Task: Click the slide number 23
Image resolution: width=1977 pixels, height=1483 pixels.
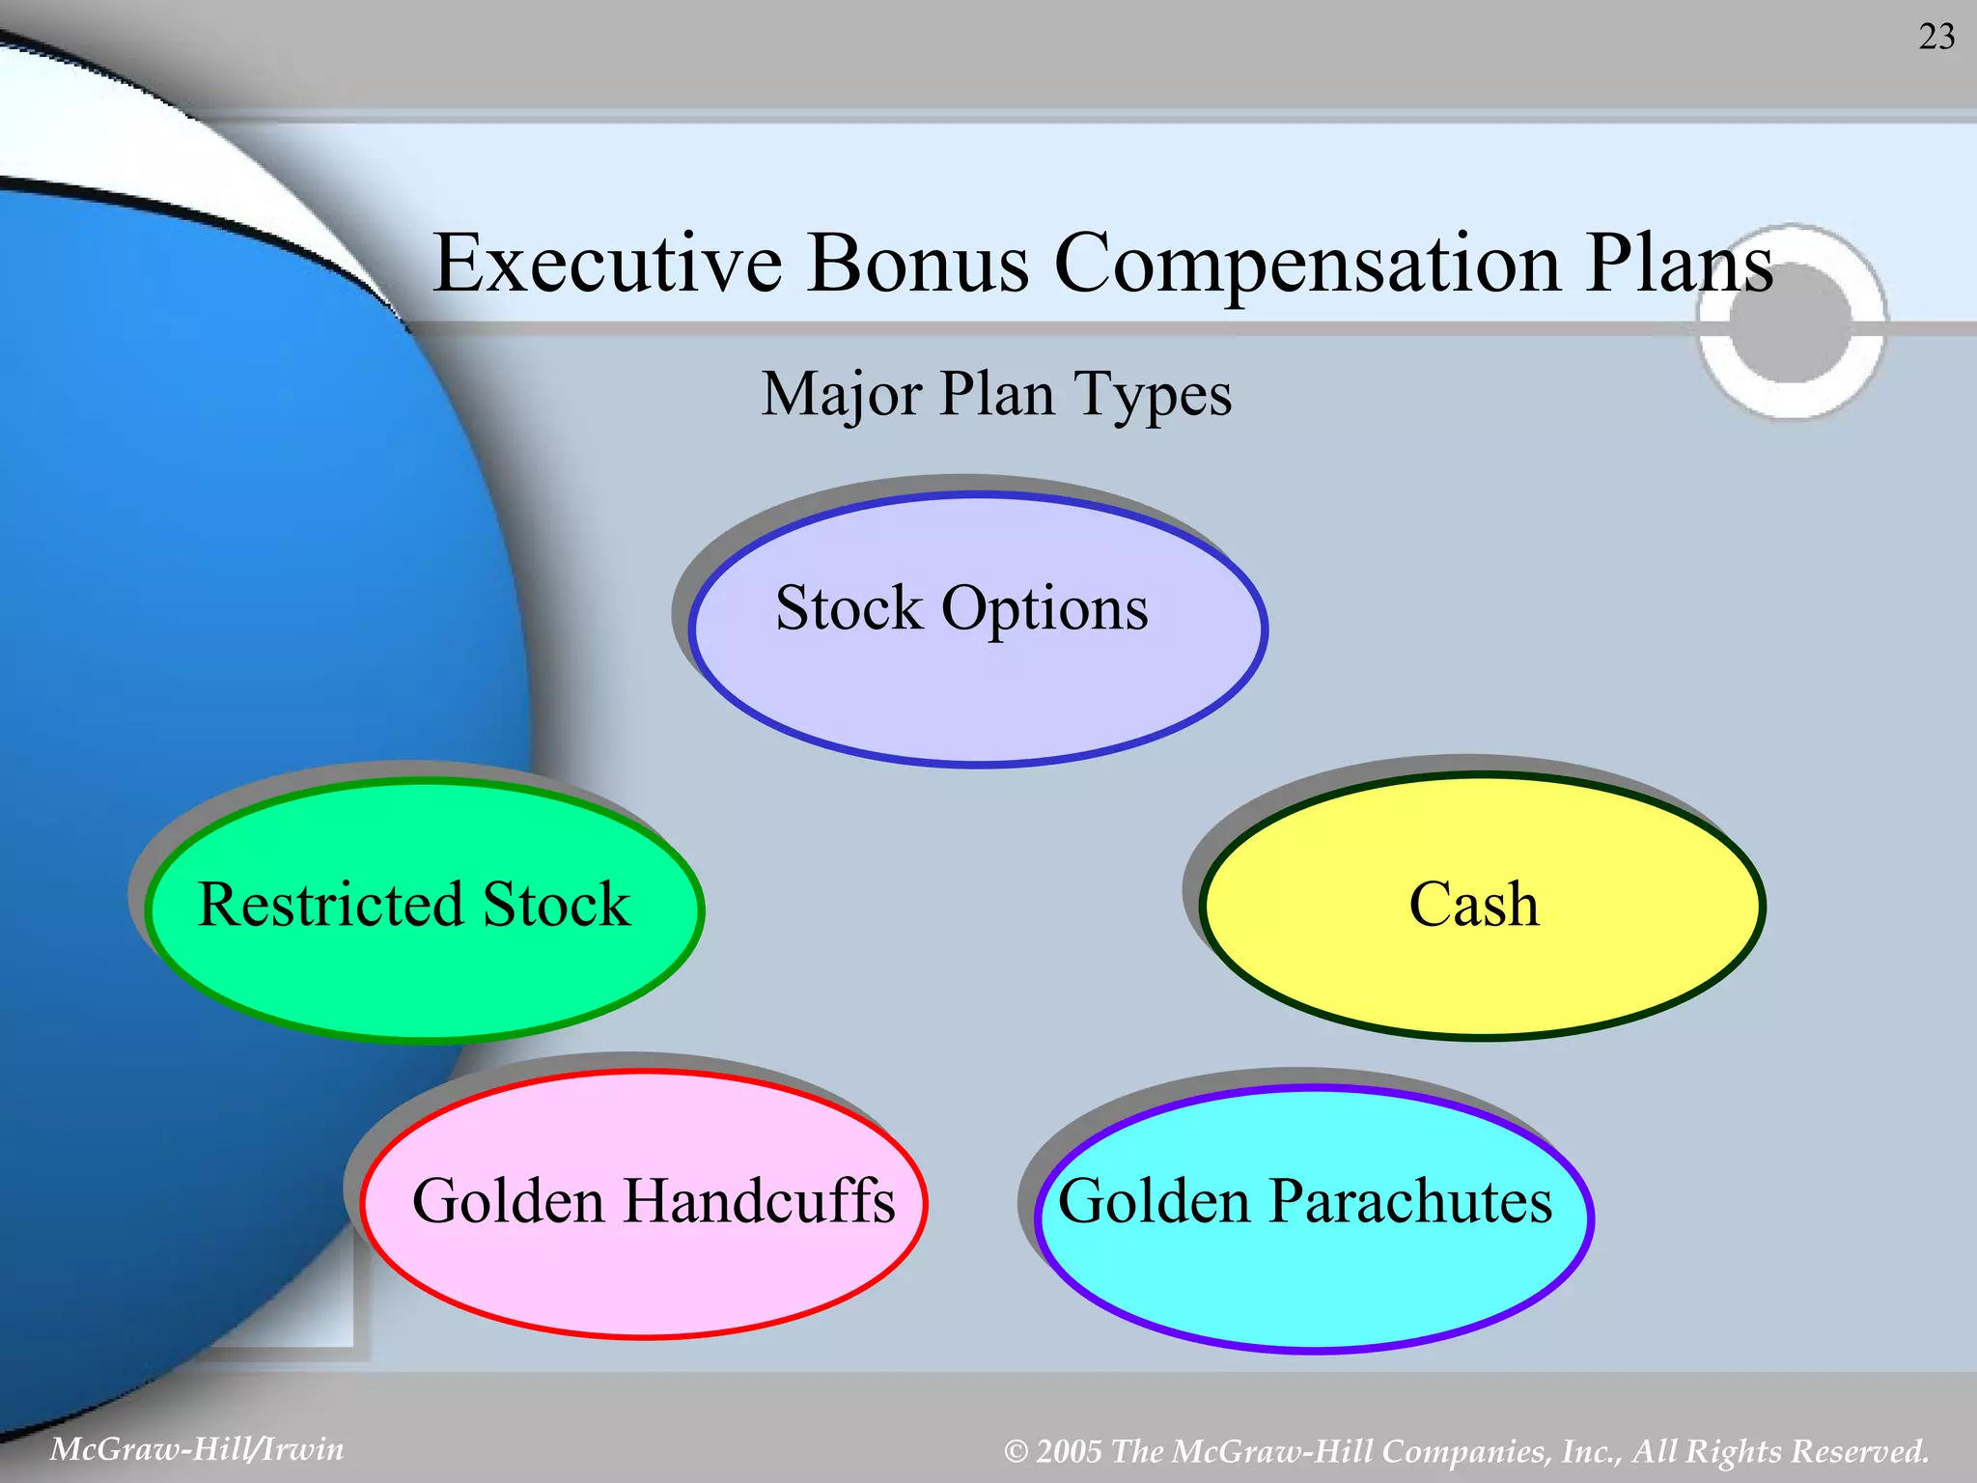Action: pos(1936,37)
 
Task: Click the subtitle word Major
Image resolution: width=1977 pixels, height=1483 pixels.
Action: pos(841,395)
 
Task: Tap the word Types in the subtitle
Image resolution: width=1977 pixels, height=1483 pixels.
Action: pos(1153,395)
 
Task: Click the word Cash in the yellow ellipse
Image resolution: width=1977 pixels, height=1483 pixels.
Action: pos(1473,905)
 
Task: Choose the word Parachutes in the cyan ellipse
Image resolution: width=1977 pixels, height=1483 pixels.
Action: pos(1410,1201)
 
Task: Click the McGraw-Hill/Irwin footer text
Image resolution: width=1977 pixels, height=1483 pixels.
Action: pos(196,1449)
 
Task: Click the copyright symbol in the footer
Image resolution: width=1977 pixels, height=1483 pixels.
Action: pos(1016,1452)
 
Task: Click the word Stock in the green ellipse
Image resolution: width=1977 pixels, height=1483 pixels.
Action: pos(556,905)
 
